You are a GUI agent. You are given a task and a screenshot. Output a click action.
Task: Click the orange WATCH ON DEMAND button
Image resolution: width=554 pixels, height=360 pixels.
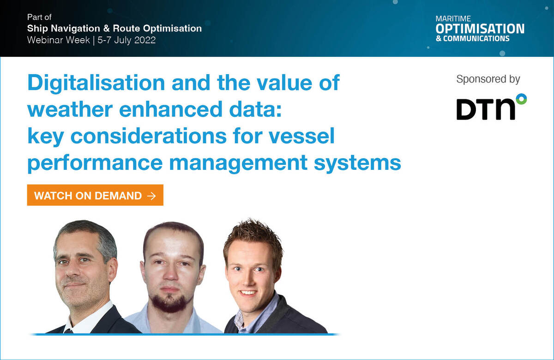coord(95,195)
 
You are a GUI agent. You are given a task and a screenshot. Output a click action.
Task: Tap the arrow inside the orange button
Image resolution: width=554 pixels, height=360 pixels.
coord(151,196)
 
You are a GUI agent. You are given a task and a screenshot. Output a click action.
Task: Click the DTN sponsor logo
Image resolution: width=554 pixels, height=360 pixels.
coord(491,107)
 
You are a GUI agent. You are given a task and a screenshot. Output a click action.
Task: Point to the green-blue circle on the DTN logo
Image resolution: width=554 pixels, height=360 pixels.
coord(521,99)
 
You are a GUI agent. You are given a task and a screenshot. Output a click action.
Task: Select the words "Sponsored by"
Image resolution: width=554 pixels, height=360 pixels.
coord(488,79)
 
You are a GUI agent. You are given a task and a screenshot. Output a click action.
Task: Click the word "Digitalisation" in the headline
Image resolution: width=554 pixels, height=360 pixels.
coord(96,83)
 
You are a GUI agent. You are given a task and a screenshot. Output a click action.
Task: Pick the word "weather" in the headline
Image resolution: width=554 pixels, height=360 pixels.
coord(70,109)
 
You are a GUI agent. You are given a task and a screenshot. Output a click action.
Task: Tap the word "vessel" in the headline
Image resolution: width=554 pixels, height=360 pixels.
coord(301,136)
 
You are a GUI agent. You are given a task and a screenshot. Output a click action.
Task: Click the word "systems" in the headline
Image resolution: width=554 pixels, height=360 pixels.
coord(357,164)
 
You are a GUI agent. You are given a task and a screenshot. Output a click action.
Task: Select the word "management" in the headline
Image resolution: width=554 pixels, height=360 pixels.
coord(238,164)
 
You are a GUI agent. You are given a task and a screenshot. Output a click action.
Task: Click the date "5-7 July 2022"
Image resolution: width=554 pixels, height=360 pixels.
coord(126,40)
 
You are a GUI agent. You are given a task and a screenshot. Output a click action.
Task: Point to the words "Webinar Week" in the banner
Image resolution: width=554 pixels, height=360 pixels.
coord(58,40)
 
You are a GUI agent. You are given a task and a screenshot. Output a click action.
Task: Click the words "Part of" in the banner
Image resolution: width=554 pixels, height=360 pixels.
coord(39,17)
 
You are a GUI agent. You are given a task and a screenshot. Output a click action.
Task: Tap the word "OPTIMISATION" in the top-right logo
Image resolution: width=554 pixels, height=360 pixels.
coord(480,29)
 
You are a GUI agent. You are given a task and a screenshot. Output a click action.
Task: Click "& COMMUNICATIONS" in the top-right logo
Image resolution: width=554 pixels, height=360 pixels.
coord(473,39)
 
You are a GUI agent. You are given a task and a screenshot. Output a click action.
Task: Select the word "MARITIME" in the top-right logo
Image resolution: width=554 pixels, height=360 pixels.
coord(453,19)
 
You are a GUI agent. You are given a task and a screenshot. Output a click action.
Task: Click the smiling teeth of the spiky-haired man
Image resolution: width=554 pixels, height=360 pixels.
coord(248,293)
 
